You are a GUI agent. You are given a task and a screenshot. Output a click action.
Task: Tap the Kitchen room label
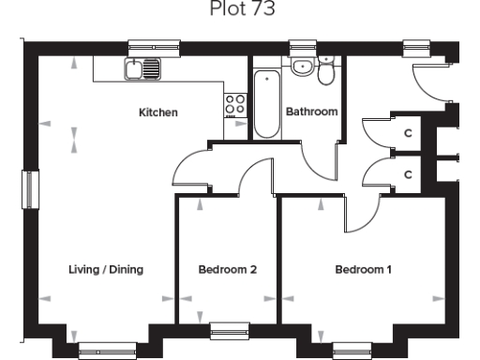[158, 112]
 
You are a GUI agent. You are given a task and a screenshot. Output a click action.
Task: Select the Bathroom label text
[311, 112]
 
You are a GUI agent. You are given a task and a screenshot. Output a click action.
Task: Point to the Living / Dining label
[105, 270]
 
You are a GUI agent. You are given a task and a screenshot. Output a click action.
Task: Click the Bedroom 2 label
[228, 270]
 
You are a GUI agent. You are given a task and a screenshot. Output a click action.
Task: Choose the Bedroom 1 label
[364, 270]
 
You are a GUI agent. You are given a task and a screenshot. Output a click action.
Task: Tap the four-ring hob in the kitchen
[235, 104]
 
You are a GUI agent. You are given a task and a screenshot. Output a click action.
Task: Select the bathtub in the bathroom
[267, 102]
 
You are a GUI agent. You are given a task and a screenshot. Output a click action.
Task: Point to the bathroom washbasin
[302, 66]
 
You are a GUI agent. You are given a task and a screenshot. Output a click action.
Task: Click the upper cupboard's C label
[407, 132]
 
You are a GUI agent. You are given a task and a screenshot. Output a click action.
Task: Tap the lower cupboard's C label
[407, 174]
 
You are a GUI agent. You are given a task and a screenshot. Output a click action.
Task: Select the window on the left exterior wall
[28, 188]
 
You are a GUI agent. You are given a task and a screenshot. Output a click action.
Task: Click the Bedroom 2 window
[228, 328]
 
